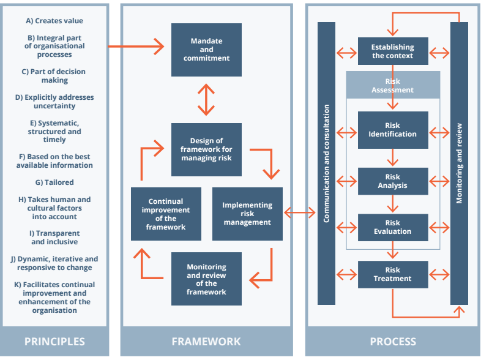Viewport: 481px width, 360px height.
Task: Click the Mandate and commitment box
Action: click(206, 50)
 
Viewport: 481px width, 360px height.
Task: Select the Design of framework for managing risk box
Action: click(206, 149)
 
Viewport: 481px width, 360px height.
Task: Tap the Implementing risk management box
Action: click(247, 214)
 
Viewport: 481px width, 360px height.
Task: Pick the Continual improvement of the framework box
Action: click(166, 214)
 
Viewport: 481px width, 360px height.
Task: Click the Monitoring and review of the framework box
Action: click(206, 279)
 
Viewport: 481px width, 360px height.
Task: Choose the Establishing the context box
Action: click(393, 51)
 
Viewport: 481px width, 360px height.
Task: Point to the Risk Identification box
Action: click(393, 130)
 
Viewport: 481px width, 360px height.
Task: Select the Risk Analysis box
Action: click(393, 181)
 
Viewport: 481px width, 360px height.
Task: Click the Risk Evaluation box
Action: click(393, 227)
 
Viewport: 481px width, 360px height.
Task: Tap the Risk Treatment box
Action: click(393, 274)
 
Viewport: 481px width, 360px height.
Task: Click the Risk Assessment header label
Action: click(393, 85)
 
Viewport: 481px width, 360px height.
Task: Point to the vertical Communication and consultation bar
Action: click(327, 163)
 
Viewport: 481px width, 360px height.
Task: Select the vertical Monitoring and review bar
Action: click(459, 163)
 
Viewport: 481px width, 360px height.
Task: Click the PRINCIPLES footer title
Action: click(54, 342)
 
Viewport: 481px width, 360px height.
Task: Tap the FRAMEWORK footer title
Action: click(206, 342)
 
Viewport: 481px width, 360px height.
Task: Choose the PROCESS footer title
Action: click(393, 342)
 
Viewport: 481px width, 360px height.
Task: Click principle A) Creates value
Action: click(54, 21)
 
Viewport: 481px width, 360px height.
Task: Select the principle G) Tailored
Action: click(54, 182)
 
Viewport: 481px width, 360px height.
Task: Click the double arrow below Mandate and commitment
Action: click(206, 100)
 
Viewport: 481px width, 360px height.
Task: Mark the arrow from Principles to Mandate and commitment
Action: click(136, 46)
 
